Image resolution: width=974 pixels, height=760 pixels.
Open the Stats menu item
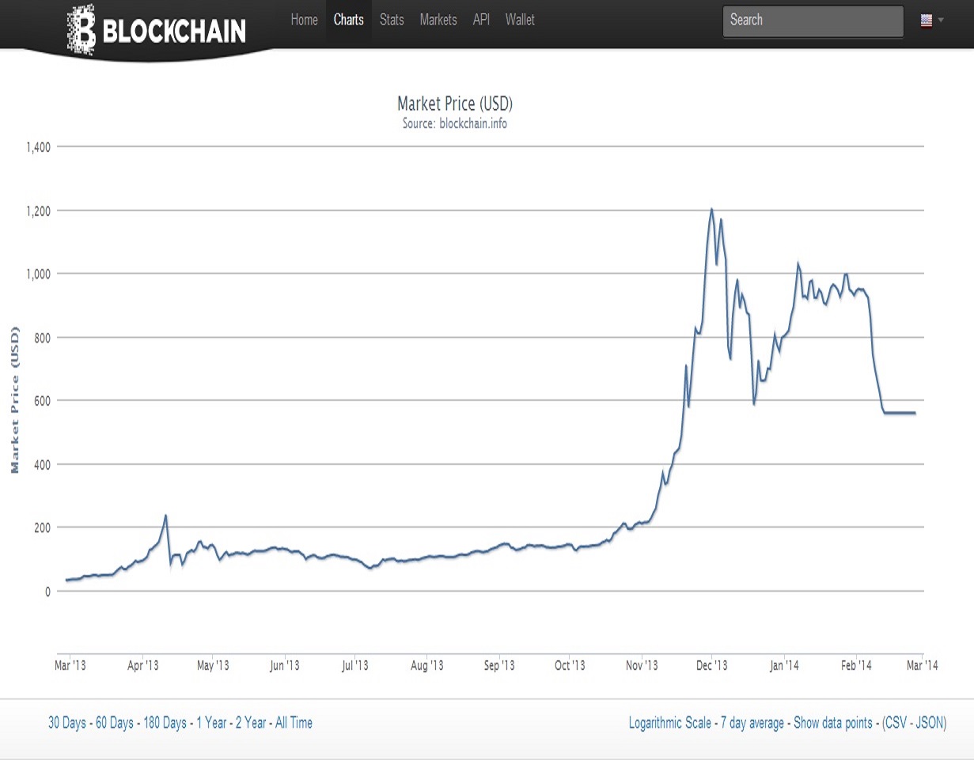click(x=392, y=20)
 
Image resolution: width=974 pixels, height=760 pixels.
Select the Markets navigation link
click(x=438, y=20)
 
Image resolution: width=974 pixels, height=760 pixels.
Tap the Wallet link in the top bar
click(x=520, y=20)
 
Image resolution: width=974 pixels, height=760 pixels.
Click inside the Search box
click(x=812, y=21)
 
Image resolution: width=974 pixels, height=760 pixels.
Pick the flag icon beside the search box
click(x=927, y=21)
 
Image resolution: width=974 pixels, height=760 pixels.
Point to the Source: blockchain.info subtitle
click(x=455, y=123)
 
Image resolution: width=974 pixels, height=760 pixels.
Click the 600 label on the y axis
click(x=41, y=401)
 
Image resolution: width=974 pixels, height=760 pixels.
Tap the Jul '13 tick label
click(x=354, y=665)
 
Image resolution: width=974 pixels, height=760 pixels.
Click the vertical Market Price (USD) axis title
click(x=15, y=399)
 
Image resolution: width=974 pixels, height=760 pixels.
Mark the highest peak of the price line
click(x=711, y=209)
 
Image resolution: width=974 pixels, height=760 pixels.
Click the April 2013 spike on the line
click(x=165, y=516)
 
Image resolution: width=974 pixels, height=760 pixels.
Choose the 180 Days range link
click(x=165, y=723)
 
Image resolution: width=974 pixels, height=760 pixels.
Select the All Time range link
click(x=294, y=723)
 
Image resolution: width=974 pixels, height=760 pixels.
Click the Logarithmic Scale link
click(x=669, y=723)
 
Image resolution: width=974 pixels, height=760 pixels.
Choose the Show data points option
click(x=833, y=723)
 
